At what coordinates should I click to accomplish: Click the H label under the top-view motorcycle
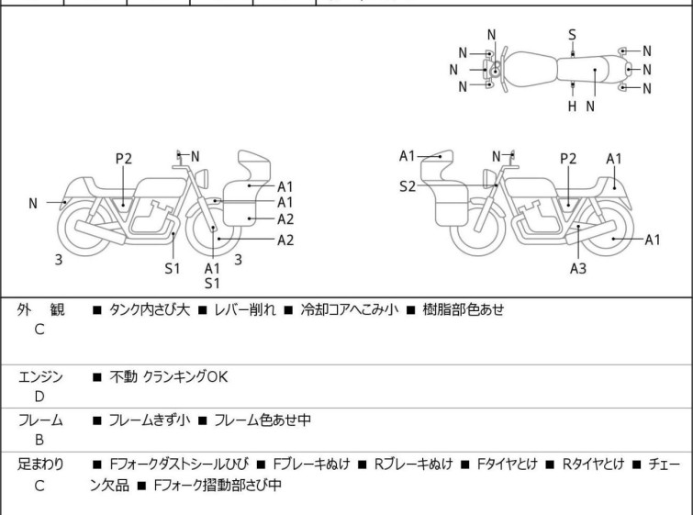click(x=572, y=106)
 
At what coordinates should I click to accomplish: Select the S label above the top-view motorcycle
click(x=572, y=35)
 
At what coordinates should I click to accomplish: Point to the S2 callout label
click(x=408, y=186)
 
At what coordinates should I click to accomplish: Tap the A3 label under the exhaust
click(x=578, y=268)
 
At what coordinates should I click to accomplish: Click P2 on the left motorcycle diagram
click(x=124, y=159)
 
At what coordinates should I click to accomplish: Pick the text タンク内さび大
click(x=150, y=309)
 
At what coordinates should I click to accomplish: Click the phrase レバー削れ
click(x=245, y=309)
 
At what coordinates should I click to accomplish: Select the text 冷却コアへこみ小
click(x=350, y=309)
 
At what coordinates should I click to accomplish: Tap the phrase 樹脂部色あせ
click(x=464, y=309)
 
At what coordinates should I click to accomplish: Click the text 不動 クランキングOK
click(x=168, y=377)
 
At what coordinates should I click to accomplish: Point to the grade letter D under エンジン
click(x=39, y=397)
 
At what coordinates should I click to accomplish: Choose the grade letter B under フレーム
click(x=39, y=440)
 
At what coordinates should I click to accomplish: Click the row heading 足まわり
click(x=40, y=465)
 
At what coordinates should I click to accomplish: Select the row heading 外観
click(x=40, y=309)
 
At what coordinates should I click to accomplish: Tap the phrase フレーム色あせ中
click(x=263, y=420)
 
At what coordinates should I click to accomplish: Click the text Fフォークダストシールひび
click(x=179, y=465)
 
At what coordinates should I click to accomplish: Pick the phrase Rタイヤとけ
click(x=593, y=465)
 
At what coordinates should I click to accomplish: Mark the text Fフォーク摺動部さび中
click(x=218, y=485)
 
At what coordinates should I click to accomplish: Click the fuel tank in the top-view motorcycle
click(x=530, y=69)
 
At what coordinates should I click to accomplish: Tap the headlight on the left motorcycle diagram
click(x=202, y=178)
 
